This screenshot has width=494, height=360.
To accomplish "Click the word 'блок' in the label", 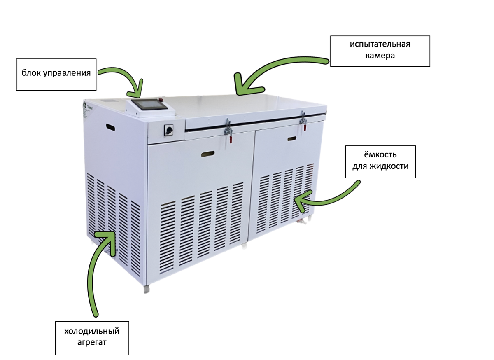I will point(31,74).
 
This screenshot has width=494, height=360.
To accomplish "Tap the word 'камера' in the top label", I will point(380,56).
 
